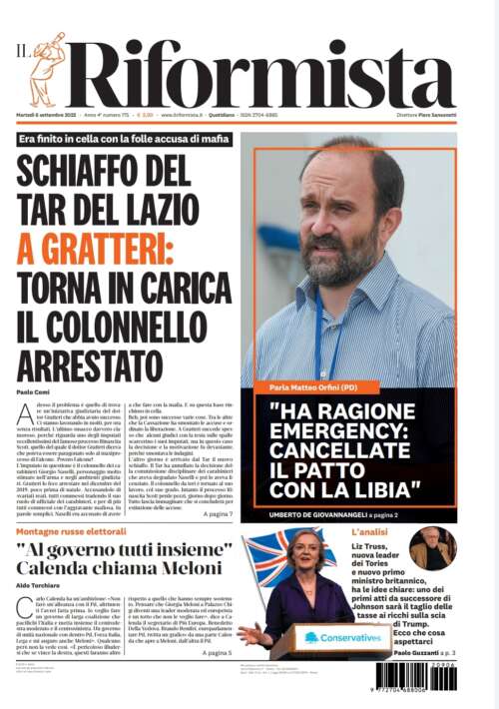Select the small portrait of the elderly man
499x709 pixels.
click(432, 549)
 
